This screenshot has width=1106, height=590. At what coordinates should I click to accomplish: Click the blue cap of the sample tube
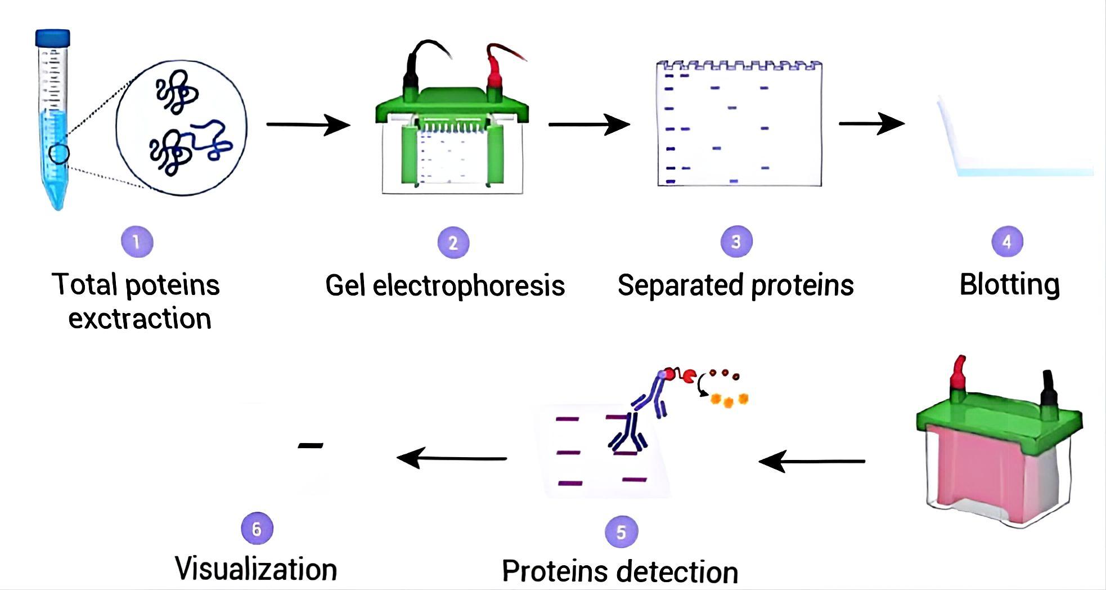[x=53, y=38]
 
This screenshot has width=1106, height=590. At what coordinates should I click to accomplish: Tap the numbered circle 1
[x=137, y=242]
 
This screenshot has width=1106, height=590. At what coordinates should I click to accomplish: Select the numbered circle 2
[x=453, y=243]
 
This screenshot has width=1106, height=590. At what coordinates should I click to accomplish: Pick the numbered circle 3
[x=736, y=242]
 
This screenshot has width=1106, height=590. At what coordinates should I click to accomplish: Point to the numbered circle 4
[x=1006, y=242]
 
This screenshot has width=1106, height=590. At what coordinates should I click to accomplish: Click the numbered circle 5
[x=621, y=532]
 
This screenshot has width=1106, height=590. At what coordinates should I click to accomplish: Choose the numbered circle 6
[x=257, y=529]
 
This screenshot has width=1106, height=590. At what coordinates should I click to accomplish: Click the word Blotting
[x=1009, y=285]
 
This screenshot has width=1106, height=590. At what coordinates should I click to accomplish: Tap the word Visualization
[x=256, y=569]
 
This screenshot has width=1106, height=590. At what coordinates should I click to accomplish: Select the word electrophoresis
[x=469, y=285]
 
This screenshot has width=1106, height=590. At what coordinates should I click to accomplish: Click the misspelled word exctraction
[x=140, y=319]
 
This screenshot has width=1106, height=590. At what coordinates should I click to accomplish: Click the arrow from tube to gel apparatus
[x=308, y=124]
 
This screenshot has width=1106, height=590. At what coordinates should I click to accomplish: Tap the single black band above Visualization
[x=311, y=446]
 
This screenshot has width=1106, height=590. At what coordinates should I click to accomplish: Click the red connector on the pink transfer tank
[x=958, y=374]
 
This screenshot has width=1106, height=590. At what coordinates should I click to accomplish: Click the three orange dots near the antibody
[x=729, y=400]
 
